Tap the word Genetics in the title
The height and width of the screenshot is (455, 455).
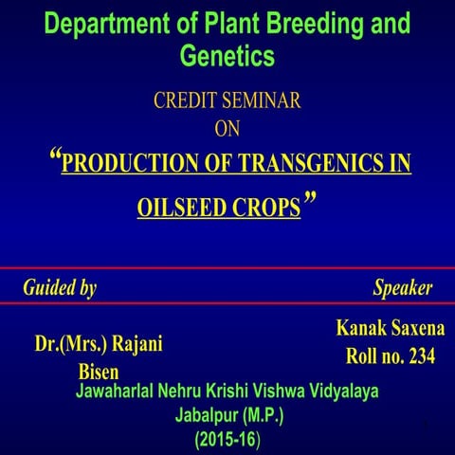(x=227, y=56)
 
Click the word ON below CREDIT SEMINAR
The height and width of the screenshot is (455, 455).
(x=227, y=127)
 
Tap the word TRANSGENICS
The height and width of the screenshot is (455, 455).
(x=300, y=163)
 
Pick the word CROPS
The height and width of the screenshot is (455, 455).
(x=264, y=208)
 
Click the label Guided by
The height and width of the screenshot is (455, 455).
(x=60, y=287)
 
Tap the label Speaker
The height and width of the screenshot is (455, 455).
(x=403, y=287)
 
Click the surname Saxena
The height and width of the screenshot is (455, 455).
(x=417, y=329)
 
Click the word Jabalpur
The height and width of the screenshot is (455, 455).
(x=208, y=416)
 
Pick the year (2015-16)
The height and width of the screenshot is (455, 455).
(x=228, y=440)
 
